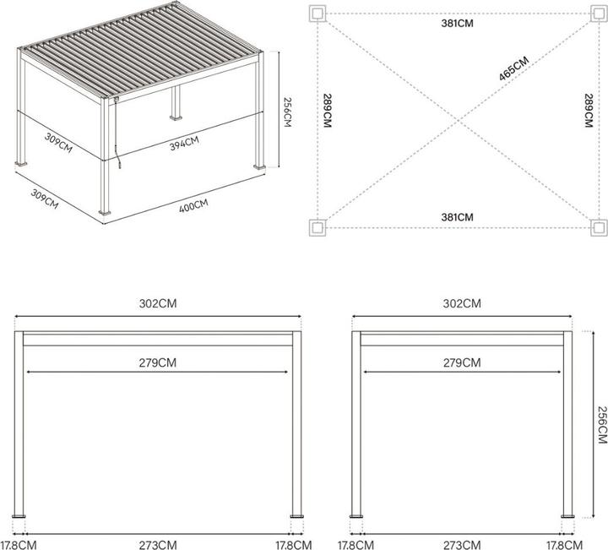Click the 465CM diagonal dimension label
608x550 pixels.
pos(513,68)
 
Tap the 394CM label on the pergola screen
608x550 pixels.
pos(184,143)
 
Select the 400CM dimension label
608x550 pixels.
pos(193,205)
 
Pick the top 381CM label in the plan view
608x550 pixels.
pos(457,24)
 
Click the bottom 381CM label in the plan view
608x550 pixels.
pos(457,217)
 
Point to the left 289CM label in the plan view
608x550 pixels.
pos(328,111)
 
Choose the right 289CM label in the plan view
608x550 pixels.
pos(589,111)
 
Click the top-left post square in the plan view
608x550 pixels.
pos(318,14)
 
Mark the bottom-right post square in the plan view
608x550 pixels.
pos(599,227)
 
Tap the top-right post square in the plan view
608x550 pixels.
pos(599,14)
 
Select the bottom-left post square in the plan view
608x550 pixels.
pos(318,227)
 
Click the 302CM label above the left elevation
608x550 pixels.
pos(158,303)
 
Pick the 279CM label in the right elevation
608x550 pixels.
pos(462,362)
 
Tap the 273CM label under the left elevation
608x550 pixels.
pos(158,545)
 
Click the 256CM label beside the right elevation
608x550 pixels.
pos(602,425)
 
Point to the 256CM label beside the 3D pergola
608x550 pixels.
pos(288,112)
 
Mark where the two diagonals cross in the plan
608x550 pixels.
pos(459,121)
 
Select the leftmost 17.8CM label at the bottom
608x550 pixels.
pos(19,545)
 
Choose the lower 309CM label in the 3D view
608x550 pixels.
pos(45,199)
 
